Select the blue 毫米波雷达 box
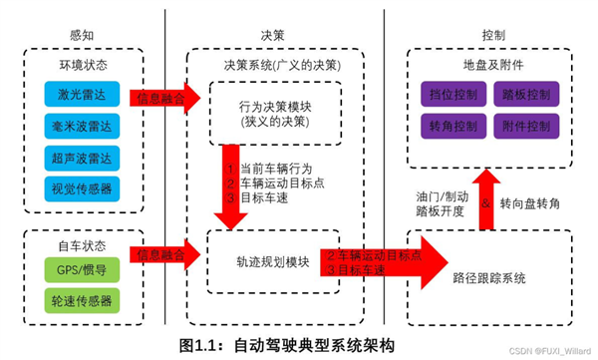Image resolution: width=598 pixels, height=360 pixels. (79, 127)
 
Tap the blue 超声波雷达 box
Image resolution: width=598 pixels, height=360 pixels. (79, 158)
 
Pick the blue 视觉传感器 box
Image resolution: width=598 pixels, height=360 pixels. (79, 188)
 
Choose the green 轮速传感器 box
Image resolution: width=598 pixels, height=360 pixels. (79, 299)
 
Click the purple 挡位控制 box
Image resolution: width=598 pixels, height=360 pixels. (453, 95)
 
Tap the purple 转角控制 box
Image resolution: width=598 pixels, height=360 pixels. (453, 127)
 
